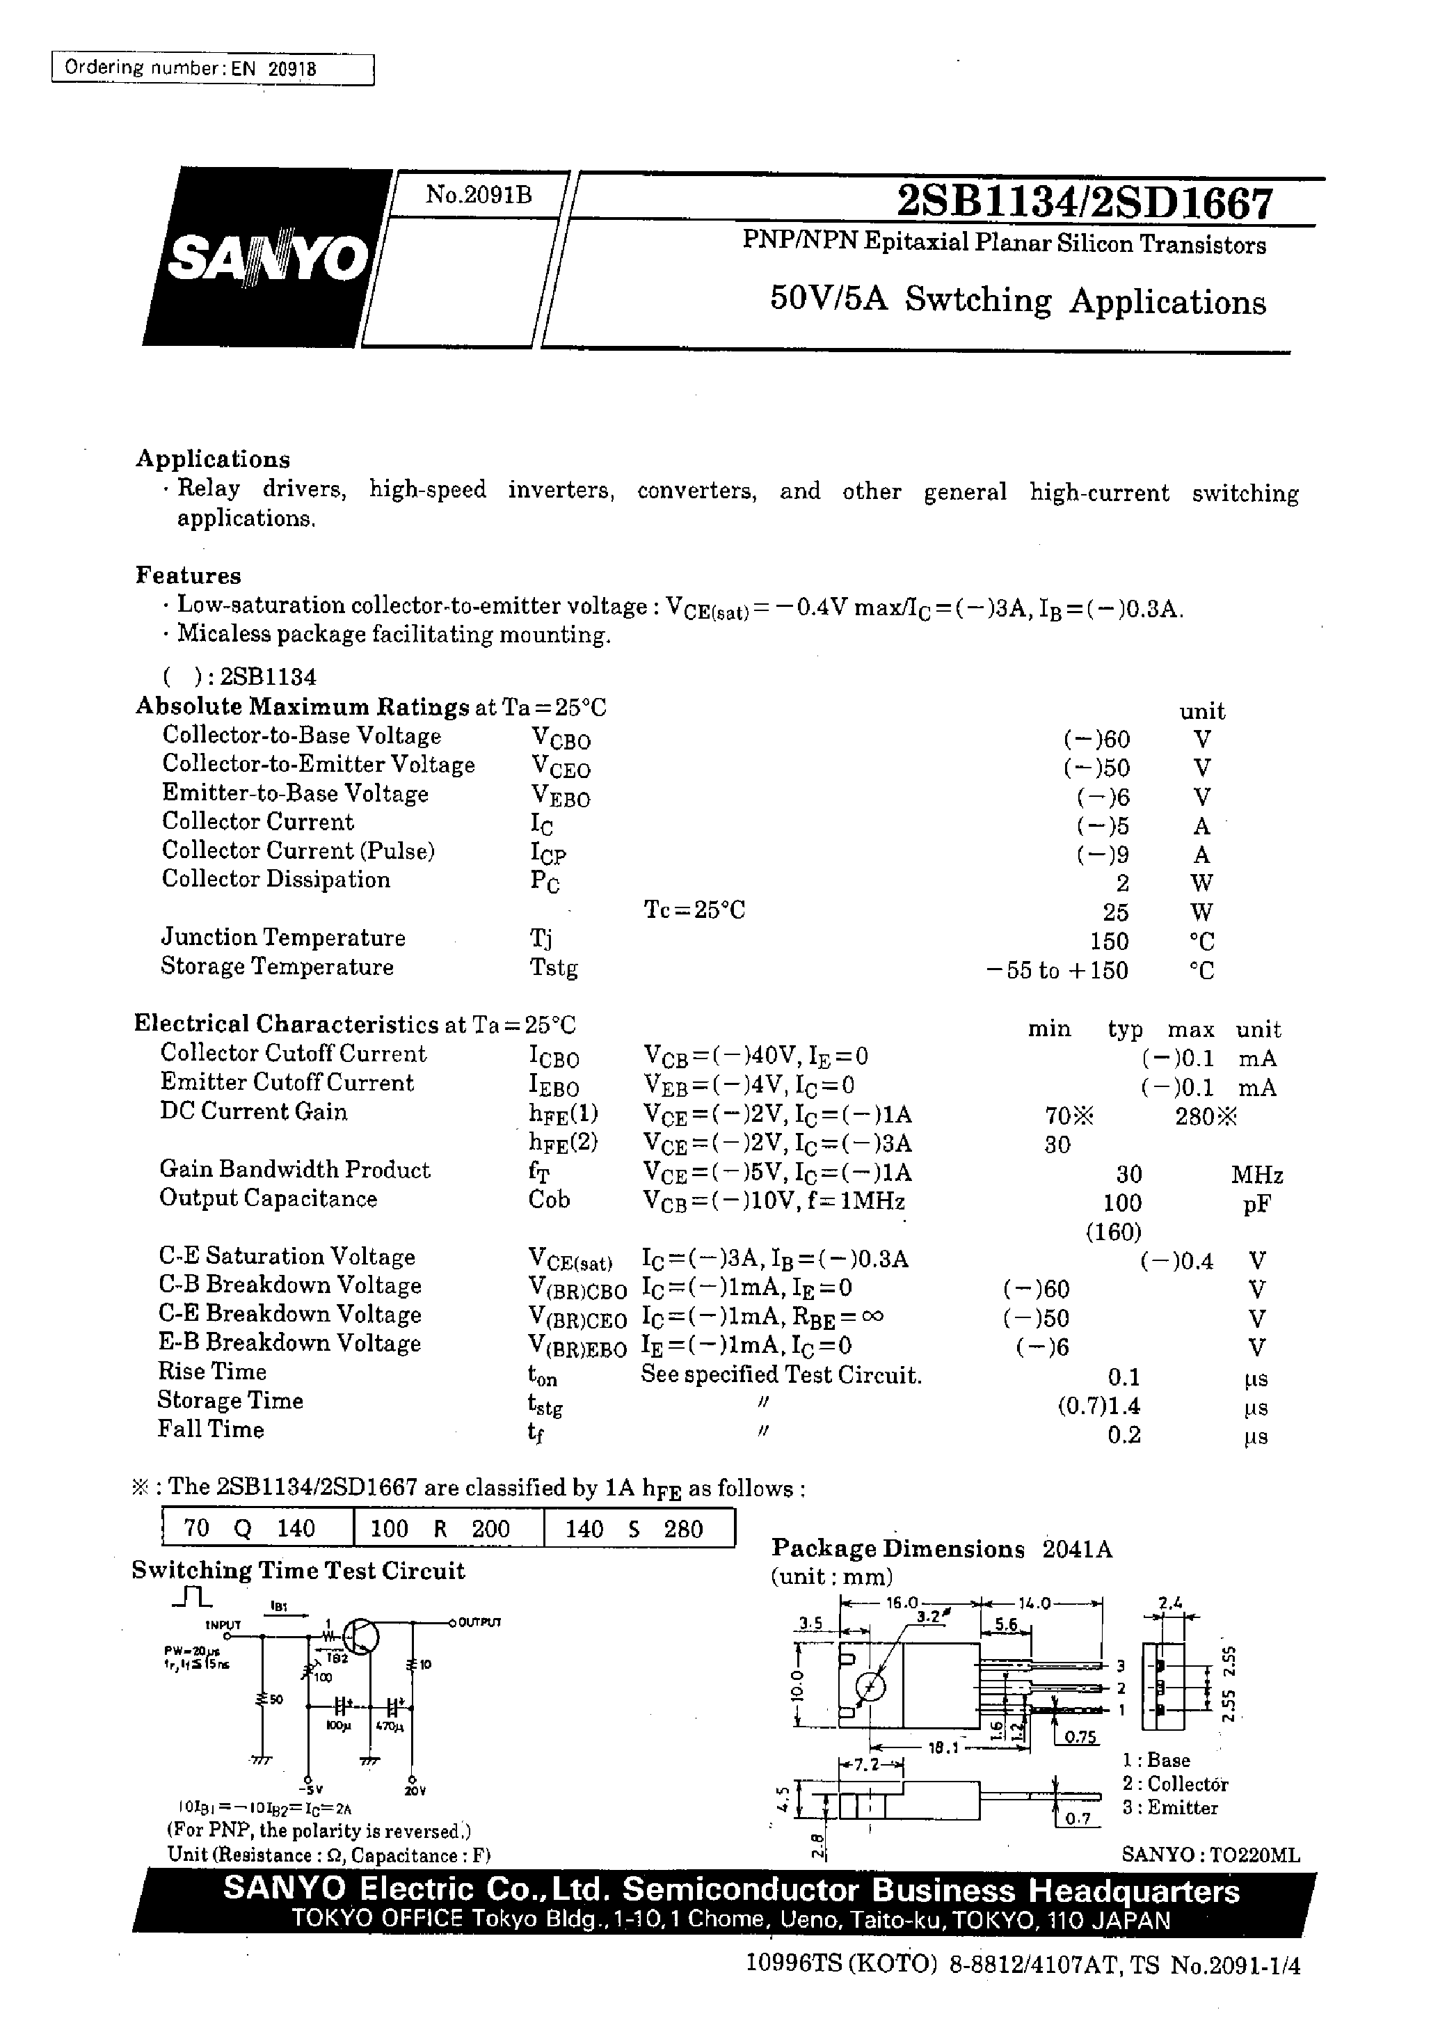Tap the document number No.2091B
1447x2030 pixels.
coord(479,194)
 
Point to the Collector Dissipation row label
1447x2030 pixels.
coord(276,880)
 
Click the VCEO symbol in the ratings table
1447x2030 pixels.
coord(561,766)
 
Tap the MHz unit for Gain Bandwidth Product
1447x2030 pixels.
coord(1256,1175)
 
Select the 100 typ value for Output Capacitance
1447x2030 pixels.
coord(1122,1203)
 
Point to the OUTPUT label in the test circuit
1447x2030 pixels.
coord(479,1622)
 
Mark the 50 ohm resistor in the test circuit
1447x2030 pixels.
coord(263,1699)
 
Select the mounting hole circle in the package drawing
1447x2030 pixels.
coord(870,1687)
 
